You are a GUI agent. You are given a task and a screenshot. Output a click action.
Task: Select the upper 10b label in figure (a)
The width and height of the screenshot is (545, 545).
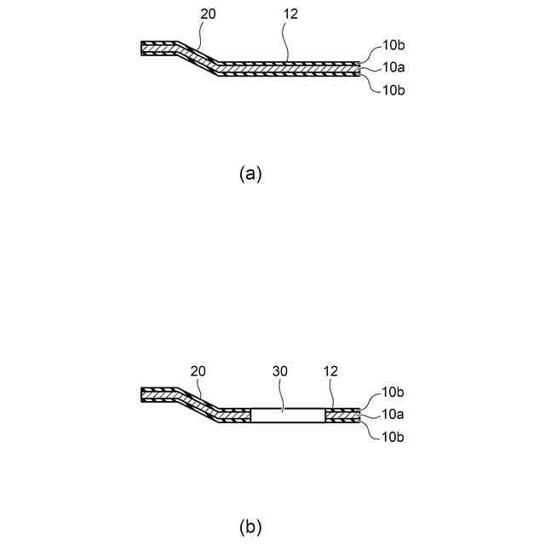pos(393,44)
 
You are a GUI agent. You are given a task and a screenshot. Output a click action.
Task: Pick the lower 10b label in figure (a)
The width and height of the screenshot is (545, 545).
pos(393,89)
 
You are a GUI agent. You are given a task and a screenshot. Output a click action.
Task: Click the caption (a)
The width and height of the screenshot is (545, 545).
pos(250,174)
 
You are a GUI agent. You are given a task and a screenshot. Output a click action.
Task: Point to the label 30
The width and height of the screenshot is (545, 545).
pos(280,372)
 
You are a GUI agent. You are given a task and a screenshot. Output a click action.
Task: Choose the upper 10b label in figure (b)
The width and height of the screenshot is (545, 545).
pos(393,393)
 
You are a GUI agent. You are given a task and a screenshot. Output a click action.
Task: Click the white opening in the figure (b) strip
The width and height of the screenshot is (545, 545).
pos(287,416)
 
